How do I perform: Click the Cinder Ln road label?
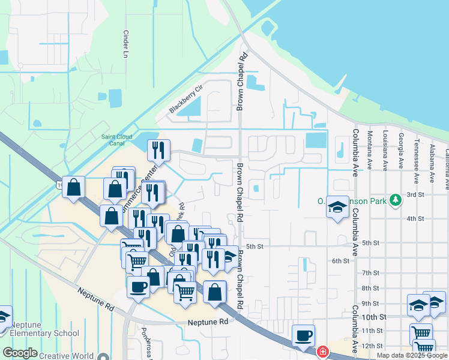pyautogui.click(x=126, y=44)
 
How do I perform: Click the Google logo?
pyautogui.click(x=20, y=353)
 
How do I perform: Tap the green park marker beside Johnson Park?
pyautogui.click(x=395, y=199)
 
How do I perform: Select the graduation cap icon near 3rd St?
pyautogui.click(x=337, y=208)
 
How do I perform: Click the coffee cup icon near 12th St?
pyautogui.click(x=303, y=335)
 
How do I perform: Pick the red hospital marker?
pyautogui.click(x=322, y=352)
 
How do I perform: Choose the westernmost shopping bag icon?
pyautogui.click(x=73, y=187)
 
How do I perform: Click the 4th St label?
pyautogui.click(x=415, y=218)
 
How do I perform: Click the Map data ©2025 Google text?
pyautogui.click(x=412, y=355)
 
